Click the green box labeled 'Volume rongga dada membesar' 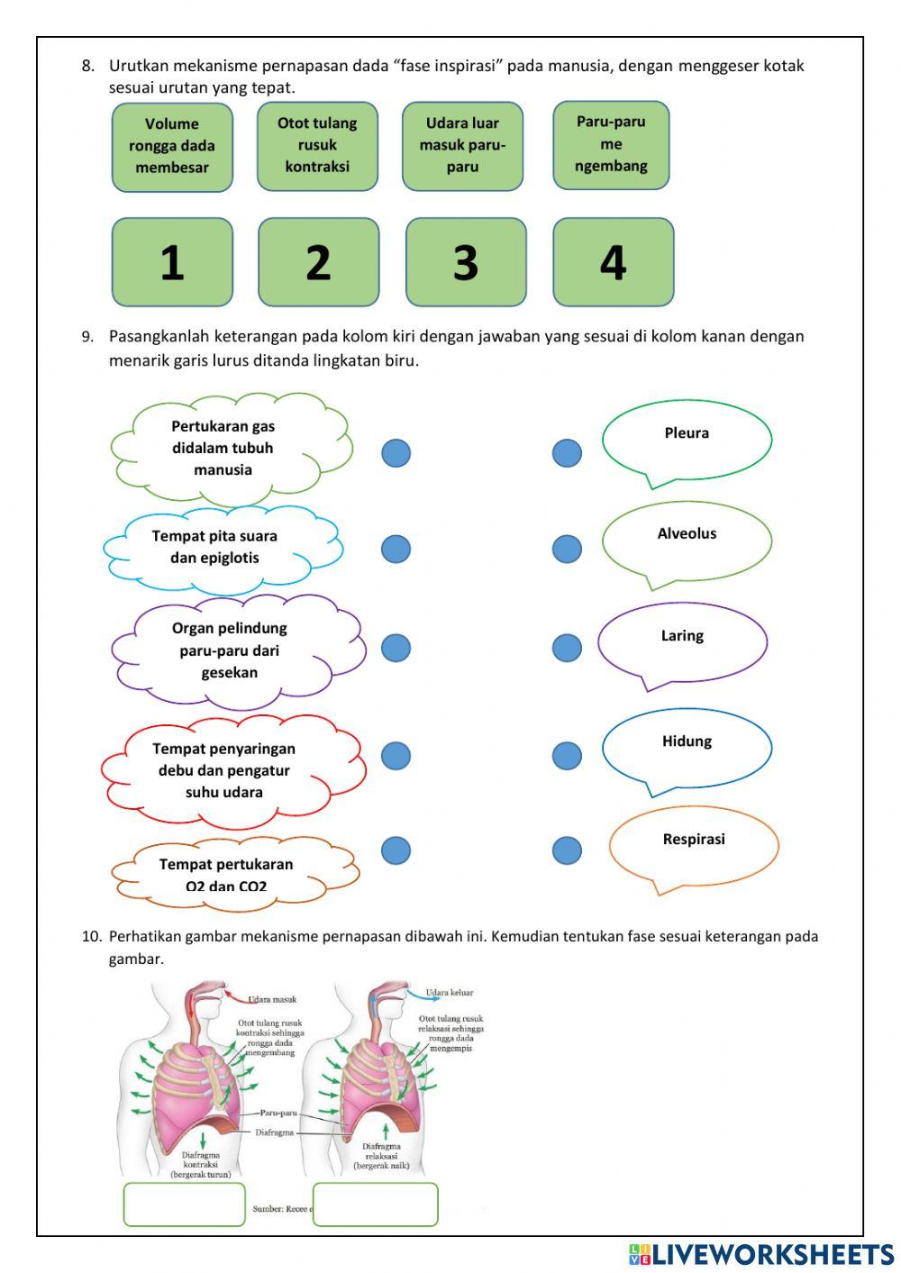pyautogui.click(x=172, y=147)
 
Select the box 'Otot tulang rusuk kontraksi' pyautogui.click(x=317, y=146)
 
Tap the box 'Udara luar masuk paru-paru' pyautogui.click(x=462, y=146)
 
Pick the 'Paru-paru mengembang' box pyautogui.click(x=611, y=145)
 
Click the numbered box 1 pyautogui.click(x=172, y=262)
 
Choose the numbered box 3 pyautogui.click(x=466, y=262)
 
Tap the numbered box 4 pyautogui.click(x=613, y=262)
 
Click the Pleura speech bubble pyautogui.click(x=687, y=439)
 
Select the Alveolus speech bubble pyautogui.click(x=687, y=540)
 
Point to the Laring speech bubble pyautogui.click(x=682, y=641)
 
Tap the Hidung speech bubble pyautogui.click(x=687, y=747)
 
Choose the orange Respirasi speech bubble pyautogui.click(x=694, y=844)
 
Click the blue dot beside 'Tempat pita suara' pyautogui.click(x=396, y=549)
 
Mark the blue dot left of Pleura pyautogui.click(x=567, y=453)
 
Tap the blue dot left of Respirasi pyautogui.click(x=567, y=850)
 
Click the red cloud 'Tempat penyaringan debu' pyautogui.click(x=224, y=771)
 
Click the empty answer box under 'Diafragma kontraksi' pyautogui.click(x=184, y=1205)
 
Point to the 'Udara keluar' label pyautogui.click(x=449, y=993)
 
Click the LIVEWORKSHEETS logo pyautogui.click(x=761, y=1254)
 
